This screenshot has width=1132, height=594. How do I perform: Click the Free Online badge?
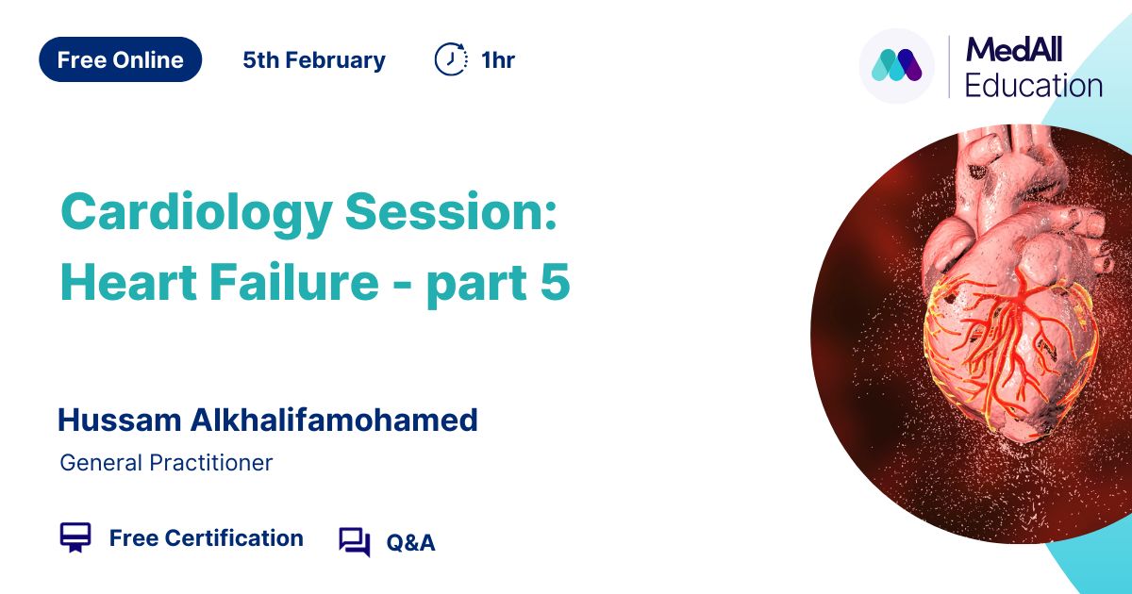[121, 59]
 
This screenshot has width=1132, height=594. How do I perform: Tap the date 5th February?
[314, 60]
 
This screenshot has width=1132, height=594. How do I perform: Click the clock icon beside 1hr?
[451, 59]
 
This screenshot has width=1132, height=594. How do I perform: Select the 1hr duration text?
[498, 60]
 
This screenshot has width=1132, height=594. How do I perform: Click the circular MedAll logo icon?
[896, 66]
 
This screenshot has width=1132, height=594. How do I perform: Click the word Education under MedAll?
[1034, 86]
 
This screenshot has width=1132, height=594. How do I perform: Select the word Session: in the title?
[451, 211]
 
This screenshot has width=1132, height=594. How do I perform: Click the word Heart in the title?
[128, 282]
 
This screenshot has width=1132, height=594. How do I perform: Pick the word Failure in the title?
[294, 282]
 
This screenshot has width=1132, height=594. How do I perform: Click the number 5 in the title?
[555, 282]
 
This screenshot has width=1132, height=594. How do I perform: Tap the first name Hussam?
[120, 421]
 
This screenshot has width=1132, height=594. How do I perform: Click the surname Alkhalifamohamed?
[334, 420]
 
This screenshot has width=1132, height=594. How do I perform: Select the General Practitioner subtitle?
[166, 463]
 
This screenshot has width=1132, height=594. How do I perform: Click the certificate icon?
[75, 536]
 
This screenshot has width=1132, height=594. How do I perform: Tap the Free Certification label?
[207, 538]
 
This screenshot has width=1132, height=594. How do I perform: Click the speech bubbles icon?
[355, 542]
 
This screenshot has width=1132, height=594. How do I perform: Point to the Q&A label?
[410, 543]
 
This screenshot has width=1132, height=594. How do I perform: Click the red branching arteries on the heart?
[1006, 343]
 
